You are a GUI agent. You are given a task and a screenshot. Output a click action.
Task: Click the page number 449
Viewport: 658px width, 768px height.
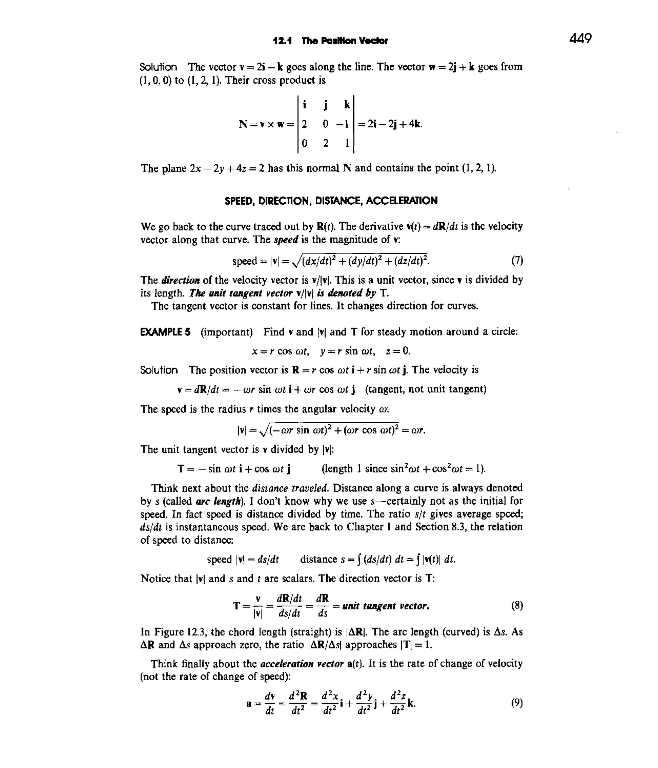[x=580, y=38]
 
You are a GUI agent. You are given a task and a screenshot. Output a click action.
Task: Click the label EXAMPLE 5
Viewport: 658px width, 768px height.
[x=165, y=332]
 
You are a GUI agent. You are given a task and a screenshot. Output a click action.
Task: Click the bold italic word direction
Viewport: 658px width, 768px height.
[x=181, y=280]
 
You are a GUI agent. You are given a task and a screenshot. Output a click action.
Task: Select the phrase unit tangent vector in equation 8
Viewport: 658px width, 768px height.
[x=385, y=606]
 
